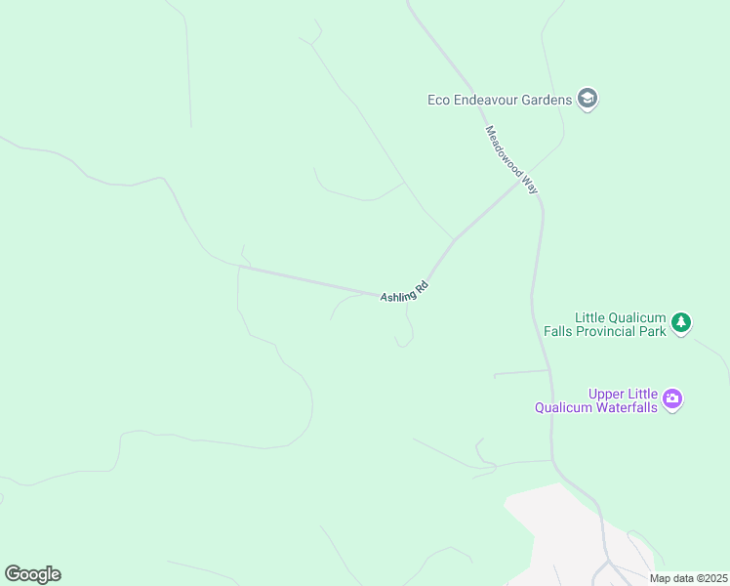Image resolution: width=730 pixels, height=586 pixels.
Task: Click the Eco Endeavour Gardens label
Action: (500, 100)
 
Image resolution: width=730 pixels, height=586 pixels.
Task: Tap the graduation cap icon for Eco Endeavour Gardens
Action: (588, 99)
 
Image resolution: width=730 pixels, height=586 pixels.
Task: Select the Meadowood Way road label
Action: (511, 159)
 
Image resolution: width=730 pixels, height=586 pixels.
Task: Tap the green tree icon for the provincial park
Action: (682, 321)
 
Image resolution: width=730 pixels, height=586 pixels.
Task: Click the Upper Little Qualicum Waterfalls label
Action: (596, 400)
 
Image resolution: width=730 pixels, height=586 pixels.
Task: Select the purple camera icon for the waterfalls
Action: (672, 398)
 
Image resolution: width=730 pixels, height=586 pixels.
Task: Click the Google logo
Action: (32, 574)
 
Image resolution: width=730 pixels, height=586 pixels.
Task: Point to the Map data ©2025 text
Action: (688, 578)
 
